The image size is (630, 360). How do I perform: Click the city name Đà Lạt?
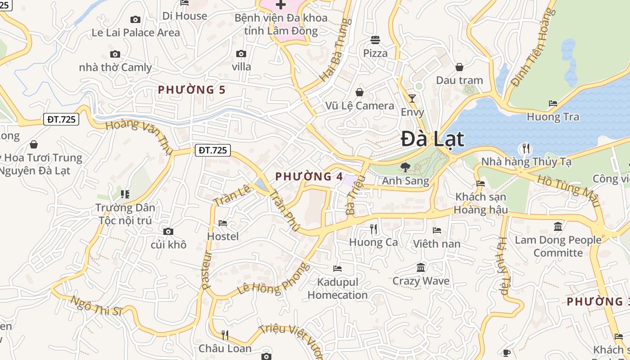click(432, 139)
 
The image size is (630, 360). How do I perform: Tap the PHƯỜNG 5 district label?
click(192, 90)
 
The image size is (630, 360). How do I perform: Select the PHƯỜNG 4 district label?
click(309, 176)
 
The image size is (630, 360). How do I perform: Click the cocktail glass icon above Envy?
click(412, 98)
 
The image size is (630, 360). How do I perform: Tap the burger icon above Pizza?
click(375, 40)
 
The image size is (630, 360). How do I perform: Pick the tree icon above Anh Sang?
click(405, 167)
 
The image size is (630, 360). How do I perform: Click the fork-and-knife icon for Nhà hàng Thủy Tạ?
click(525, 148)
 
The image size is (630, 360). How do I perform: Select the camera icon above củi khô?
click(168, 231)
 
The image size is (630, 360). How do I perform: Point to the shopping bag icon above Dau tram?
click(459, 67)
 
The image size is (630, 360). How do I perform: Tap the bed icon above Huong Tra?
click(553, 103)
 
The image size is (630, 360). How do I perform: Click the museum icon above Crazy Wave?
click(421, 268)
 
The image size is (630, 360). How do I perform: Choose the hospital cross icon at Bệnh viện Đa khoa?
click(280, 5)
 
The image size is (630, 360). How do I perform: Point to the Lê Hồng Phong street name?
click(274, 279)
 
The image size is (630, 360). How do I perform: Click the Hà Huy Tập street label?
click(503, 266)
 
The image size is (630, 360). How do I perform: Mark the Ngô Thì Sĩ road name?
click(97, 306)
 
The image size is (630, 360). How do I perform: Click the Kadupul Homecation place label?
click(337, 288)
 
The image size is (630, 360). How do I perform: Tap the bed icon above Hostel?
click(223, 223)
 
